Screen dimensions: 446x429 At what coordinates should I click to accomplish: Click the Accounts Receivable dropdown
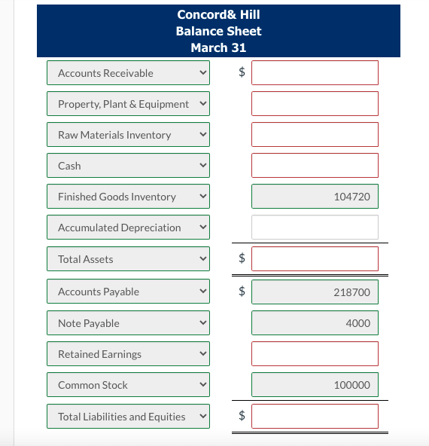coord(128,73)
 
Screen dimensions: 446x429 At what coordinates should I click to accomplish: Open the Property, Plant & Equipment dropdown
coord(128,104)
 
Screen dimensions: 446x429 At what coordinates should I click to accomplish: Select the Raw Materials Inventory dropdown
coord(128,135)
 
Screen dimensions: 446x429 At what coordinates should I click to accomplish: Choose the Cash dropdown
coord(128,166)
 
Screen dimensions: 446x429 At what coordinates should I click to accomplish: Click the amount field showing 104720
coord(315,197)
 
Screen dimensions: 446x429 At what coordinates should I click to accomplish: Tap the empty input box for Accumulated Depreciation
coord(315,228)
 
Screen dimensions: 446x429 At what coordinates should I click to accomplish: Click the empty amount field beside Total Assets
coord(315,259)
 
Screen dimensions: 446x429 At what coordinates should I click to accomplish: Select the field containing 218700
coord(315,292)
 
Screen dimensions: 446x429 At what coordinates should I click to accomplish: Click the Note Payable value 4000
coord(315,323)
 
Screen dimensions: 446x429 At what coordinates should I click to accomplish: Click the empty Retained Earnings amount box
coord(315,354)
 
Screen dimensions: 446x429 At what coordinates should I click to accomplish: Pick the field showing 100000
coord(315,385)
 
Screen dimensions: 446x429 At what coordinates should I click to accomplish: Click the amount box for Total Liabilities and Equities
coord(315,417)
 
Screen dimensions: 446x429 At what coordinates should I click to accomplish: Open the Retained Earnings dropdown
coord(128,354)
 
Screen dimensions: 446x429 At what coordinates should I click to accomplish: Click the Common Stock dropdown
coord(128,385)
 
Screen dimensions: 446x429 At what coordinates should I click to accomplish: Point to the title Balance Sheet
coord(218,31)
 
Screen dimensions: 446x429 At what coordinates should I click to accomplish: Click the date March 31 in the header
coord(218,47)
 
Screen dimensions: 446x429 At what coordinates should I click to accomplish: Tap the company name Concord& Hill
coord(218,14)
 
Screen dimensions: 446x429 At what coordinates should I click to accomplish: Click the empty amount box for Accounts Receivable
coord(315,73)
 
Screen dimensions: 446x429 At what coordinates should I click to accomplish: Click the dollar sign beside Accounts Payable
coord(242,292)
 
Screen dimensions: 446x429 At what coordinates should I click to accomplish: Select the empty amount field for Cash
coord(315,166)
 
